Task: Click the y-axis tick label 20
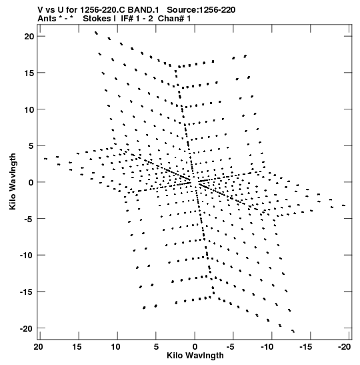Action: click(29, 37)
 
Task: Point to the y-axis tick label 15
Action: click(29, 73)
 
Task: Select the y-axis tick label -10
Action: click(27, 256)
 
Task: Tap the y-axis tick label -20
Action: click(27, 328)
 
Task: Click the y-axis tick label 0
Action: click(31, 183)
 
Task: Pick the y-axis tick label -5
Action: click(29, 219)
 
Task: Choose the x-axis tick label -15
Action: click(305, 347)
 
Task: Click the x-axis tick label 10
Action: click(115, 347)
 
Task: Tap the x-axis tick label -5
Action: click(230, 347)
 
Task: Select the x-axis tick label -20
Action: click(344, 347)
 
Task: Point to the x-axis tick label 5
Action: click(156, 347)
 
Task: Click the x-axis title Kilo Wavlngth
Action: click(195, 356)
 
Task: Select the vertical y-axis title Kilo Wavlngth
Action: click(13, 181)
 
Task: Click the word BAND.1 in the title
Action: click(143, 10)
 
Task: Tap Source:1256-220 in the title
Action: click(201, 10)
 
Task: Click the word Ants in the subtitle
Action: click(47, 19)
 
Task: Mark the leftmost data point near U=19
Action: click(45, 159)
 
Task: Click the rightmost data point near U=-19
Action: click(343, 206)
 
